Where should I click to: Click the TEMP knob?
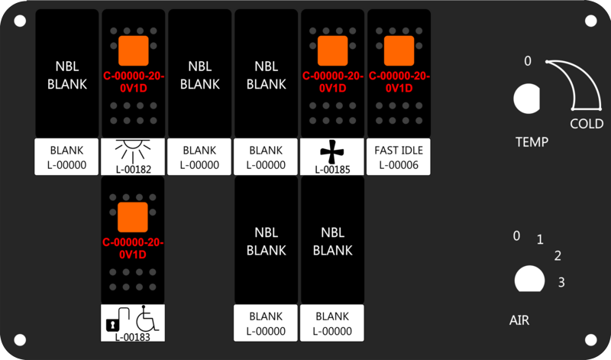point(526,99)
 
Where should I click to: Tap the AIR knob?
point(529,279)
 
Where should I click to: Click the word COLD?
point(587,124)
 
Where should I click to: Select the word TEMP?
point(532,141)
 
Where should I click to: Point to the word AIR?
point(519,320)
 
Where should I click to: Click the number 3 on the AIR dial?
point(561,282)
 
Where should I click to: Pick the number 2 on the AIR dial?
point(558,255)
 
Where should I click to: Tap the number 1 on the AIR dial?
point(540,239)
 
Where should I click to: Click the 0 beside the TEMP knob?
point(528,61)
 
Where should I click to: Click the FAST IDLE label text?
point(399,150)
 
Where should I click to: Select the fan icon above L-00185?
point(332,152)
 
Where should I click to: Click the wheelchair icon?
point(147,318)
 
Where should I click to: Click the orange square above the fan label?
point(332,50)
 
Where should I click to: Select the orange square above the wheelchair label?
point(132,217)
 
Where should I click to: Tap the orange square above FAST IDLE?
point(399,50)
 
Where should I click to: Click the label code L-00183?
point(132,337)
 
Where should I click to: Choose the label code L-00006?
point(399,165)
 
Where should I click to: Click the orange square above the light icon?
point(133,50)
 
